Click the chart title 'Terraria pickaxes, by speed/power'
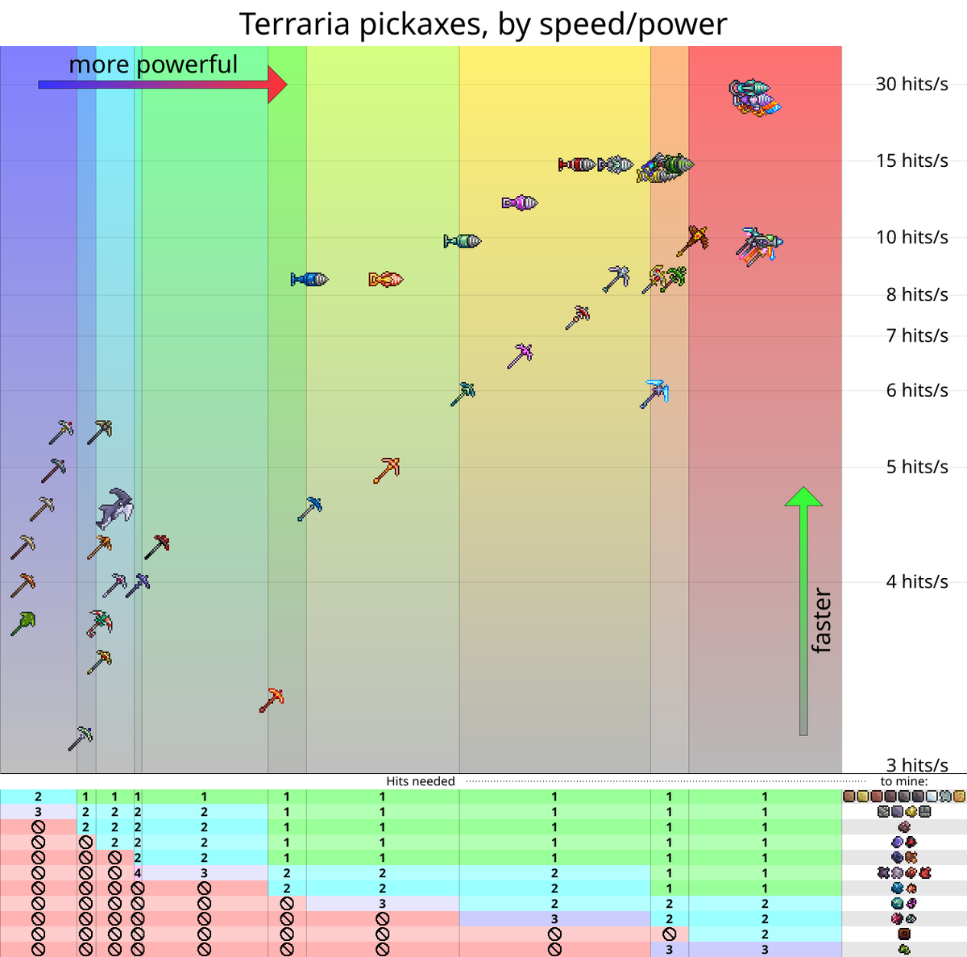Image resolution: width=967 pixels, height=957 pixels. (x=483, y=24)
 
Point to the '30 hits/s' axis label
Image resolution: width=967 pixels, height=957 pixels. (x=911, y=84)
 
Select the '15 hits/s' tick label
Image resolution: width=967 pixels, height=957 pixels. (x=911, y=160)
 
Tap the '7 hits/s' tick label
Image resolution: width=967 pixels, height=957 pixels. (x=917, y=335)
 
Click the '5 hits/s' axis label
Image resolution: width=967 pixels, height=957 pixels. (x=917, y=467)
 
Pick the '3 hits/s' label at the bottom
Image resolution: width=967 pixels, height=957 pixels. (x=917, y=764)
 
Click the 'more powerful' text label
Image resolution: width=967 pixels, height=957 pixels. (x=153, y=64)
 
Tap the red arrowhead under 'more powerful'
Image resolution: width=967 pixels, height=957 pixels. (x=277, y=84)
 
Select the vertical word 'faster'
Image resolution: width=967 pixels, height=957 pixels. (x=820, y=621)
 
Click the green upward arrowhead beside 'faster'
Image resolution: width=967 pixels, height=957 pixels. (x=803, y=497)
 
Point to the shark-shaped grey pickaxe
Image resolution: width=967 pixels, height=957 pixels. (x=115, y=508)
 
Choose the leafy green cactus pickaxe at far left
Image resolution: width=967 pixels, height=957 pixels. (x=23, y=623)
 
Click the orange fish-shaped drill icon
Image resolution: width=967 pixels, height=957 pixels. (x=386, y=280)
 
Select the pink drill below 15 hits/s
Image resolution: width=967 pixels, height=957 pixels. (x=520, y=203)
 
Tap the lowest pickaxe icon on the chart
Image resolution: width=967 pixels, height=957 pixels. (x=81, y=738)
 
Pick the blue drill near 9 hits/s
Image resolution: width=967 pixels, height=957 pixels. (x=309, y=280)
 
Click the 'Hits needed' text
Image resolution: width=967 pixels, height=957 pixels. (x=420, y=781)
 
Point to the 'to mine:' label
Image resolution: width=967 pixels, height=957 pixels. (x=904, y=781)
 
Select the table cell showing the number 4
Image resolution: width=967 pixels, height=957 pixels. (x=138, y=872)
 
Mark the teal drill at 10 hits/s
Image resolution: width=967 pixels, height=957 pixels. (x=463, y=241)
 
